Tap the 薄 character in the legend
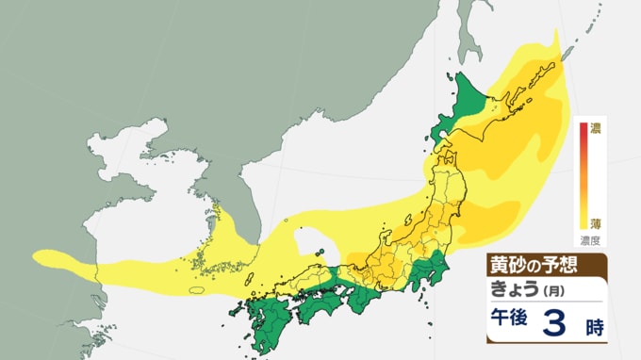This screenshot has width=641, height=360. click(595, 223)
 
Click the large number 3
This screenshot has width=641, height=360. click(556, 323)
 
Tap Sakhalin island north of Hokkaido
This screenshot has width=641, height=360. click(468, 28)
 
